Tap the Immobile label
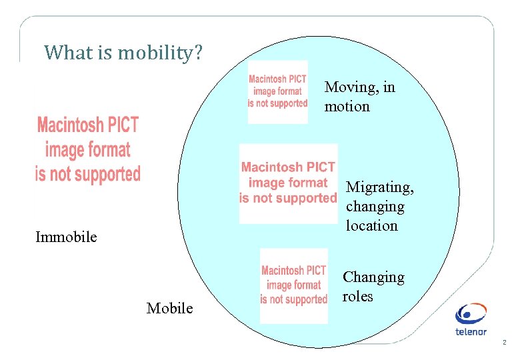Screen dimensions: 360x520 [66, 237]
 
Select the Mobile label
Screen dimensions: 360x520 [169, 308]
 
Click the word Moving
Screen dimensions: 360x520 [350, 87]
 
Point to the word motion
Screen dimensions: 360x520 [347, 106]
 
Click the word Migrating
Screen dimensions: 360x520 [380, 187]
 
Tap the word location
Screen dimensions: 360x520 [371, 225]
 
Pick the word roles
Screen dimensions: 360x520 [357, 296]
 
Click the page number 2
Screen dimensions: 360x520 [504, 343]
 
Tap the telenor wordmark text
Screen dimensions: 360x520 [471, 331]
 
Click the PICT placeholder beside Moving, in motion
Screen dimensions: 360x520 [277, 91]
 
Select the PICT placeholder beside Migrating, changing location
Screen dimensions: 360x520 [288, 183]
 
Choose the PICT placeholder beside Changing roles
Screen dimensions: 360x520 [294, 285]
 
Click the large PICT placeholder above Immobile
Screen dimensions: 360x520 [88, 149]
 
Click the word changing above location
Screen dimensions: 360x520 [375, 207]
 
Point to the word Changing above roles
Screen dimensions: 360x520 [373, 277]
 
